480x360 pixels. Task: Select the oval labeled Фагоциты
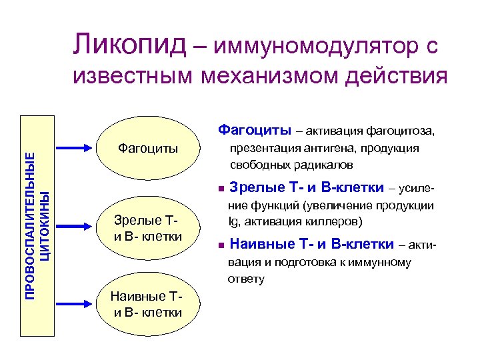pos(147,148)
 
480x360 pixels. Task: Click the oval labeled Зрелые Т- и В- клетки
pos(147,227)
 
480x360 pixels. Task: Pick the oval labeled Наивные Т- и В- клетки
pos(147,305)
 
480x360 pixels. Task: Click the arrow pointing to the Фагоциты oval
pos(77,148)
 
